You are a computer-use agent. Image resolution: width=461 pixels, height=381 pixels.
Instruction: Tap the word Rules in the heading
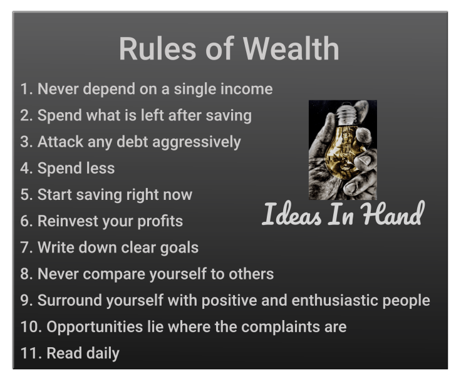click(x=157, y=49)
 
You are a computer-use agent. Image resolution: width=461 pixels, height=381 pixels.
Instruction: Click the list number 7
click(x=25, y=248)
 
